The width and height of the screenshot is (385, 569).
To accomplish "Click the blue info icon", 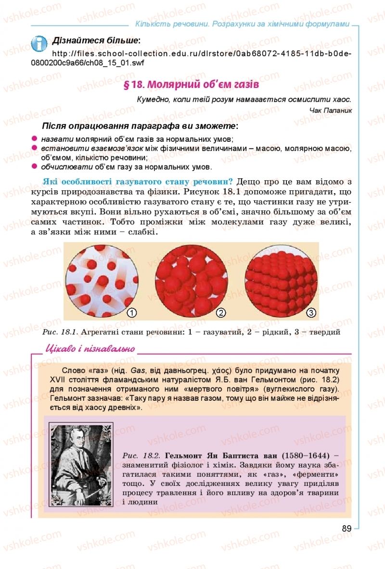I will coord(39,43).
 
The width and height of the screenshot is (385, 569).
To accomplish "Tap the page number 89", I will coord(346,528).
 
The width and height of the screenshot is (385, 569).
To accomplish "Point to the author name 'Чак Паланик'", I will coord(332,110).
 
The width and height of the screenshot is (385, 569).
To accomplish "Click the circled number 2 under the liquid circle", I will coord(221,313).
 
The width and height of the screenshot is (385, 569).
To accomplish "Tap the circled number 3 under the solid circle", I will coord(311,313).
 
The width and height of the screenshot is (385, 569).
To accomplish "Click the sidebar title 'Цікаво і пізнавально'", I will coord(90,349).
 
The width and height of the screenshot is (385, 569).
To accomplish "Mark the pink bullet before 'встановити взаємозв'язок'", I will coord(34,148).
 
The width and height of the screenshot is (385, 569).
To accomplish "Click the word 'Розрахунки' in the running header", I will coord(234,24).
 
